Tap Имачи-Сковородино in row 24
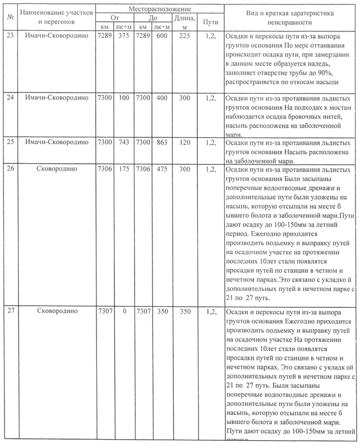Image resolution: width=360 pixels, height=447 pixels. (57, 98)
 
